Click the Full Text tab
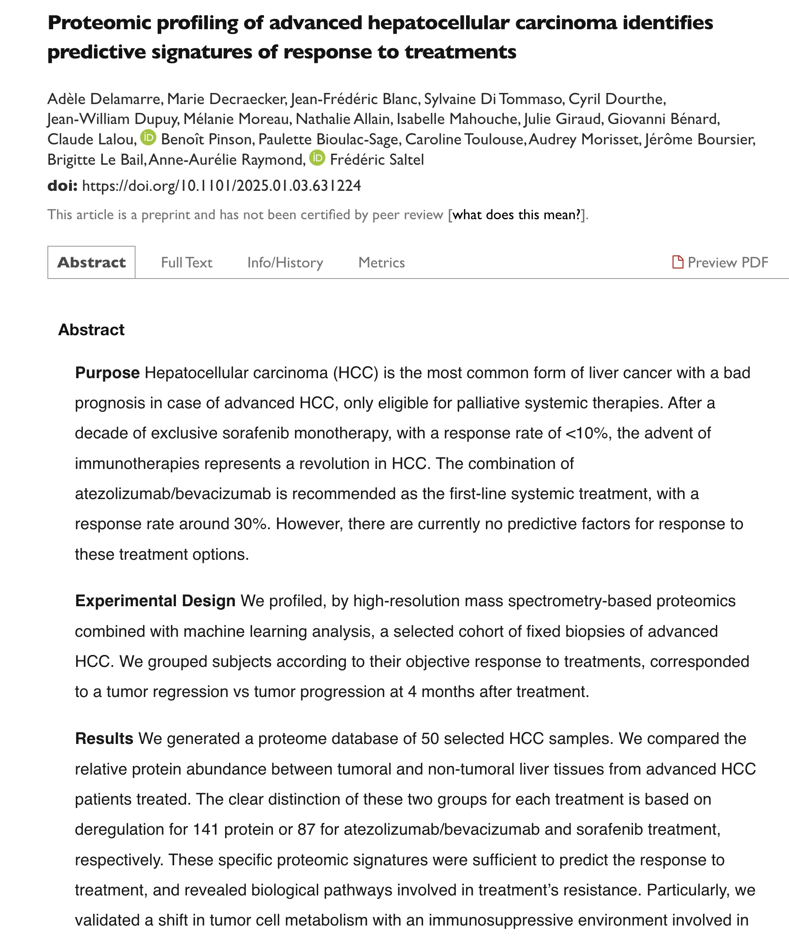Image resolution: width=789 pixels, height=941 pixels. click(187, 263)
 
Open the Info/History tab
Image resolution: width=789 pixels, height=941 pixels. click(285, 263)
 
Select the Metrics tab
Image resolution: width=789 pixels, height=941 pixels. click(381, 263)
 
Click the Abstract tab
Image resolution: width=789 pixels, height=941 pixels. click(91, 263)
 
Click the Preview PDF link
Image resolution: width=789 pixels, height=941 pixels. click(727, 263)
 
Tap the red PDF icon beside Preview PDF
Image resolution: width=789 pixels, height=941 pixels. click(677, 262)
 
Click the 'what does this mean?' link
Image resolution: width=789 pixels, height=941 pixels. click(517, 215)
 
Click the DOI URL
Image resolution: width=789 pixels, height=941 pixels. click(222, 186)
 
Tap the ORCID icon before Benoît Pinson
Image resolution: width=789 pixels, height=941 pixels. click(148, 138)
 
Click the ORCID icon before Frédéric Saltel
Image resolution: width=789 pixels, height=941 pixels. click(317, 158)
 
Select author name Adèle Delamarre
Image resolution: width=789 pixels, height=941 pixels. click(104, 99)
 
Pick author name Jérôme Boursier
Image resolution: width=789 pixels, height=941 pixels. click(700, 139)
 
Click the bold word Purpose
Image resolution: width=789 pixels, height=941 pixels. click(107, 373)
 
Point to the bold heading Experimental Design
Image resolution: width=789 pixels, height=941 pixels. click(155, 601)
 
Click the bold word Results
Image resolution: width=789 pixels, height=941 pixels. click(104, 739)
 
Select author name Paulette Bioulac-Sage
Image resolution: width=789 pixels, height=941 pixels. click(328, 139)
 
